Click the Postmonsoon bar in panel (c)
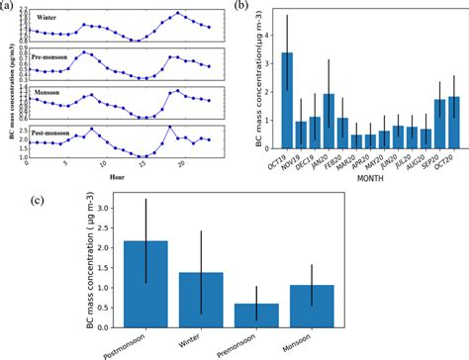145,283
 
